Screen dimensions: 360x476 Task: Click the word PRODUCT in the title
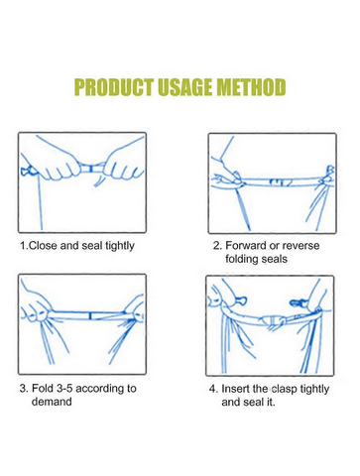coord(114,87)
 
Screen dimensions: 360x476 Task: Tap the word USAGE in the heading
coord(186,87)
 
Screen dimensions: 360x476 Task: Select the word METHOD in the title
coord(252,87)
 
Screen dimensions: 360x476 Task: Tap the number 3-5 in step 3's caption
coord(64,388)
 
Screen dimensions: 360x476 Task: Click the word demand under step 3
coord(52,402)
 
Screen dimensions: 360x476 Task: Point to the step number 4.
coord(213,389)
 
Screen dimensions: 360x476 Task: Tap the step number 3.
coord(24,388)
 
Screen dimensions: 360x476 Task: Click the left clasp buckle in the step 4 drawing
coord(241,300)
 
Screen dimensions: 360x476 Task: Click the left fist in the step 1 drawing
coord(61,166)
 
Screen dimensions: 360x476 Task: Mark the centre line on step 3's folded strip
coord(90,315)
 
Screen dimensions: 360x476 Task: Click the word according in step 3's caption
coord(100,389)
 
